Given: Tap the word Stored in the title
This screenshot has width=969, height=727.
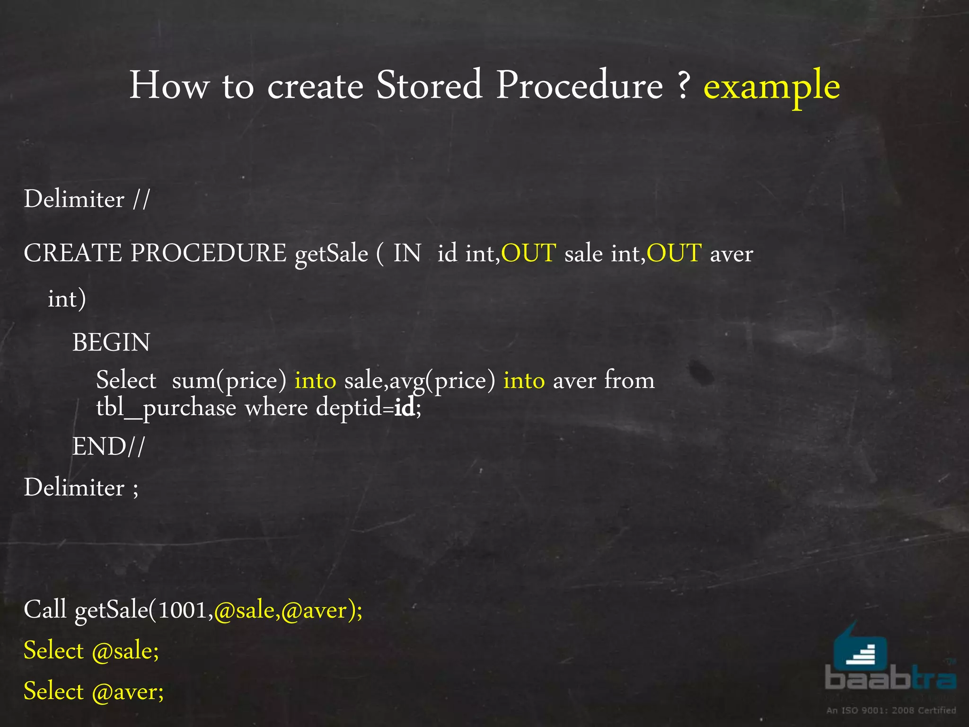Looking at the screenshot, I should [429, 85].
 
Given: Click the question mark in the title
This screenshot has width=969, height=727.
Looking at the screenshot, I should [683, 85].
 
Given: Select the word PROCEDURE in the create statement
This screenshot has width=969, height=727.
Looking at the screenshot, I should [208, 253].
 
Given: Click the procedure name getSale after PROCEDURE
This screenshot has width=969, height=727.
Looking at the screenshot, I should [331, 254].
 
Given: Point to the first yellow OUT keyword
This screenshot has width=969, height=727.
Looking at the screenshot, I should [529, 253].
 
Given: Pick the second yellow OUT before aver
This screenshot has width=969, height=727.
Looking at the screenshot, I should [674, 253].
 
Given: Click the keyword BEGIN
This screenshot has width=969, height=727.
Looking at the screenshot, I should [111, 342].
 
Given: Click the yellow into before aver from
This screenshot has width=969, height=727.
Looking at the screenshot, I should [524, 381].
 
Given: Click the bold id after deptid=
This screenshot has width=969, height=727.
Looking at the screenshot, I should [405, 408].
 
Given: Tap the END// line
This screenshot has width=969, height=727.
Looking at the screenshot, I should [108, 446].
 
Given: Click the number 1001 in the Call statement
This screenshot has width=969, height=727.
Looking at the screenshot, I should [184, 610].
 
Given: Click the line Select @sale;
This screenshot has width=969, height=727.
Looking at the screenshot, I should [91, 651].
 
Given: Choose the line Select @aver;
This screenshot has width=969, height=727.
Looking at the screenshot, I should [94, 692].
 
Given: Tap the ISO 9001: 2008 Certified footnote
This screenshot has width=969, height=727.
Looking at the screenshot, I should [891, 710].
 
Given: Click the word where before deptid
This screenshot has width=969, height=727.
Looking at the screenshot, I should [276, 408].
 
